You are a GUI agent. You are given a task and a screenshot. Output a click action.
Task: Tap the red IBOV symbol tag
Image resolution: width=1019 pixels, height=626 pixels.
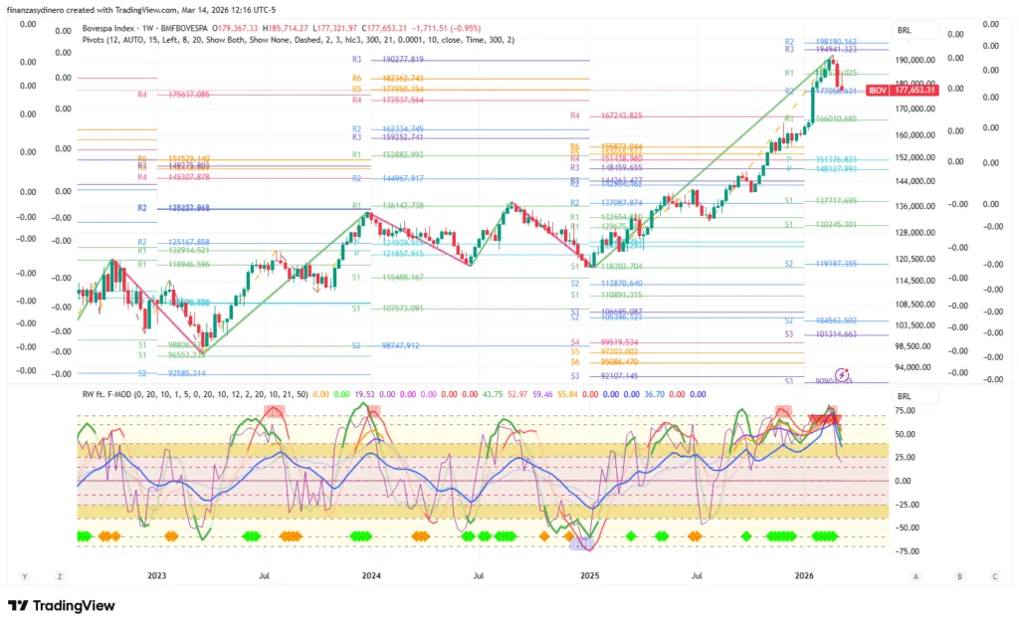point(877,90)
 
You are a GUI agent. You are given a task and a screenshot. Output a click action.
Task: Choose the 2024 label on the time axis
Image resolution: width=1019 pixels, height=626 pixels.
point(371,575)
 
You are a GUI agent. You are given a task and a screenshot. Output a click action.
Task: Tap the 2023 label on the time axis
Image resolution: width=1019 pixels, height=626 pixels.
point(155,575)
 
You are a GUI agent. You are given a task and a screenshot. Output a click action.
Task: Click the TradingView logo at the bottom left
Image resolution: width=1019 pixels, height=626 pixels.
point(62,605)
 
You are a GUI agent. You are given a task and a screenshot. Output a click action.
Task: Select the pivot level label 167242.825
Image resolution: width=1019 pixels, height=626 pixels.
point(622,115)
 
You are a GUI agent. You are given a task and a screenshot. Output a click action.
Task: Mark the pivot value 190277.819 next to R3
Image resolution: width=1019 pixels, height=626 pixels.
point(403,60)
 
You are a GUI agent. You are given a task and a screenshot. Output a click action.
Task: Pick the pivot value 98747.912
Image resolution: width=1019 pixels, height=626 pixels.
point(403,345)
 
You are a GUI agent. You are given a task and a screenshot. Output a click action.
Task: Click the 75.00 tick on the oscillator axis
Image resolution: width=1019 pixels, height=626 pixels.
point(905,410)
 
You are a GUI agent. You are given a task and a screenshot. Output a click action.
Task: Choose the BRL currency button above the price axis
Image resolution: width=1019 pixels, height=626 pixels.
point(904,31)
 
